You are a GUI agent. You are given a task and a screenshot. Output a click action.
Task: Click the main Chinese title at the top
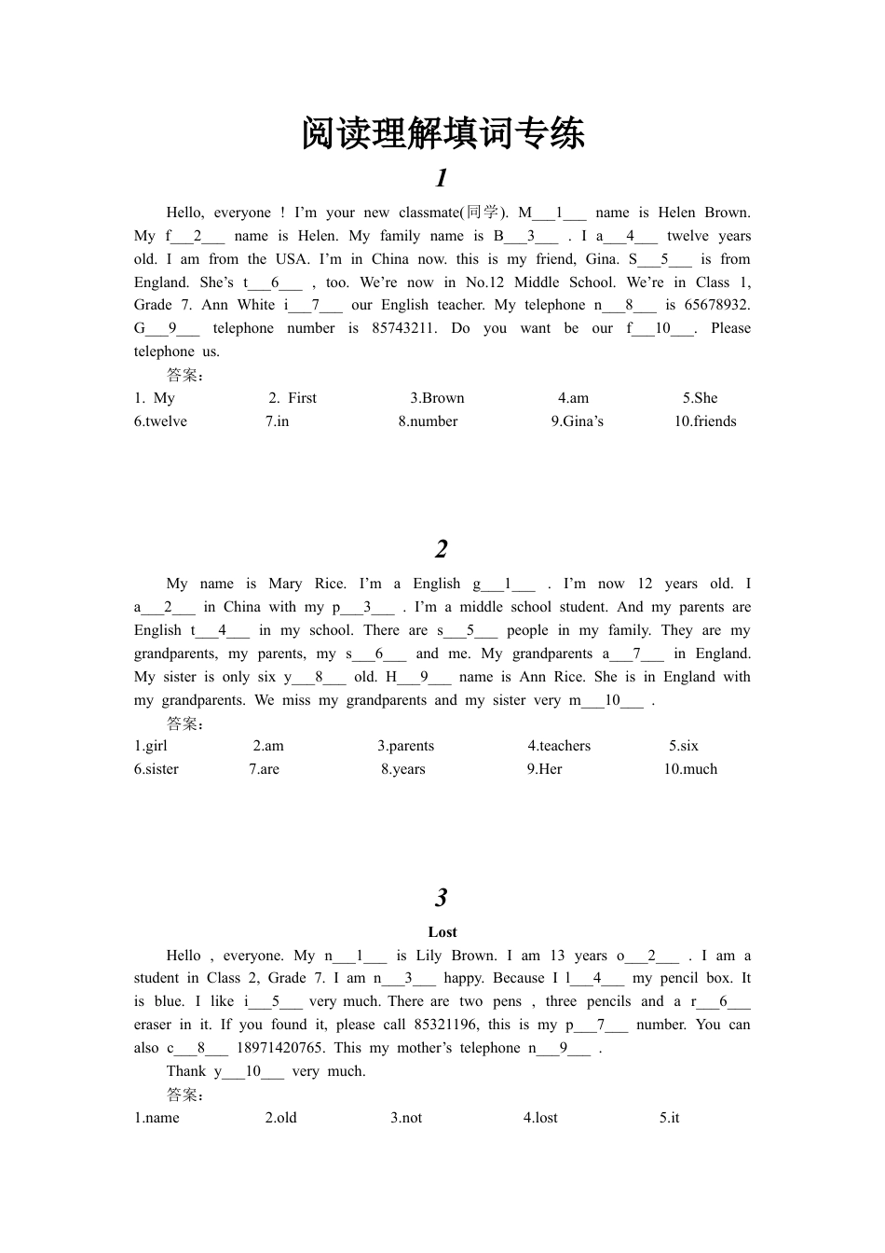tap(442, 133)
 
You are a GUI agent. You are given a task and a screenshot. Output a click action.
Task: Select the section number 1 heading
tap(442, 177)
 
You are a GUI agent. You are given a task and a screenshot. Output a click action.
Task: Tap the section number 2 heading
tap(442, 548)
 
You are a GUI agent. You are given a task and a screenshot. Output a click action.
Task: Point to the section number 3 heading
tap(442, 897)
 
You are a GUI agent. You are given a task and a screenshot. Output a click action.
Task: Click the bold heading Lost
tap(442, 932)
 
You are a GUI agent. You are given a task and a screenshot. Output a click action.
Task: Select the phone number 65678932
tap(716, 305)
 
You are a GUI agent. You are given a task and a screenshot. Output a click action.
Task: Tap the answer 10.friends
tap(705, 421)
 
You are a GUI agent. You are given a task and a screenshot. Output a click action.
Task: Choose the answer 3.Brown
tap(437, 398)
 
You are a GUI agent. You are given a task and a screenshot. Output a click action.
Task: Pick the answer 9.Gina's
tap(577, 421)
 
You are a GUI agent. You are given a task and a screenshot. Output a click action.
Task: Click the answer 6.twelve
tap(160, 421)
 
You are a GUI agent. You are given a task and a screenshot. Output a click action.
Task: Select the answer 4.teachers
tap(559, 746)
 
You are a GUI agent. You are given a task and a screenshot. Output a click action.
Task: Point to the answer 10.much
tap(690, 769)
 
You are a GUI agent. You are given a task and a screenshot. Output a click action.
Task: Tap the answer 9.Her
tap(544, 769)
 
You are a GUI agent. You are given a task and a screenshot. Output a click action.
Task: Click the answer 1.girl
tap(151, 746)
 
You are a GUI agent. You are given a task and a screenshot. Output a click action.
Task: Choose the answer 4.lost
tap(540, 1118)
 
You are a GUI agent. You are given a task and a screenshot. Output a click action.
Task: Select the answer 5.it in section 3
tap(669, 1118)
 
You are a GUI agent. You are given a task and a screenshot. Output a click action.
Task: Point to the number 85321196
tap(445, 1025)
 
